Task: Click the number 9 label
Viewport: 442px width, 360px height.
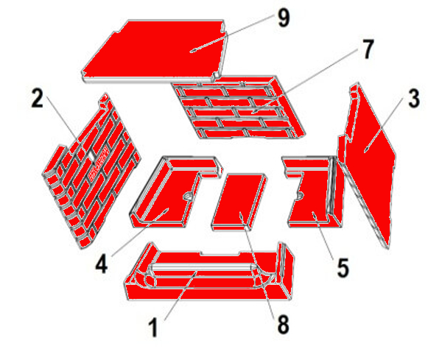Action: pyautogui.click(x=284, y=18)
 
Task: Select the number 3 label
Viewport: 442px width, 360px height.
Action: pyautogui.click(x=414, y=99)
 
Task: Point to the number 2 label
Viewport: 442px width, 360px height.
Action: pyautogui.click(x=38, y=99)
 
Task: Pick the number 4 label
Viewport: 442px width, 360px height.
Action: pyautogui.click(x=102, y=264)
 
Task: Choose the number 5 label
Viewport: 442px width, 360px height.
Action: pyautogui.click(x=343, y=269)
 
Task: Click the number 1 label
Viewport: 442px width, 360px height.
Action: pyautogui.click(x=153, y=328)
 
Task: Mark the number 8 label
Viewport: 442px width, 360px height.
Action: pyautogui.click(x=283, y=324)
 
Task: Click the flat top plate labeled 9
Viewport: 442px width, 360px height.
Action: pyautogui.click(x=155, y=51)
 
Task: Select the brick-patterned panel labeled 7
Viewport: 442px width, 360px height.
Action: pyautogui.click(x=238, y=107)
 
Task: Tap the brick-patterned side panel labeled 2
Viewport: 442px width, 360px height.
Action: pyautogui.click(x=90, y=169)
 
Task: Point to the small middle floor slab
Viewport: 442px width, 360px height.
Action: pyautogui.click(x=239, y=202)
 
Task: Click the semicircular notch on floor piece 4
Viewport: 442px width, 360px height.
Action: pyautogui.click(x=188, y=196)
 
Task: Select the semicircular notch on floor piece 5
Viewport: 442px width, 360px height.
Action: pyautogui.click(x=300, y=195)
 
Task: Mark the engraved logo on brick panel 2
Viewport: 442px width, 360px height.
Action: pyautogui.click(x=99, y=163)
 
